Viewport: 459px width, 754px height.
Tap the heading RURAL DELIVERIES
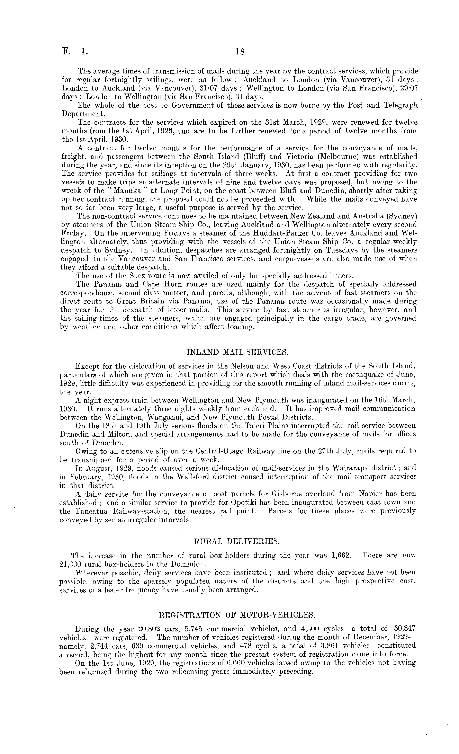pyautogui.click(x=237, y=541)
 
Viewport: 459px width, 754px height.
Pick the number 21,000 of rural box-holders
pyautogui.click(x=71, y=564)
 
